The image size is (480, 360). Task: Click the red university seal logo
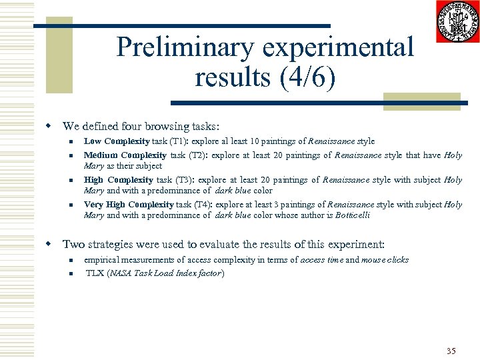(457, 21)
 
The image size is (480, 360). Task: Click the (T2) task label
(198, 156)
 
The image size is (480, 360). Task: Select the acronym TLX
(95, 273)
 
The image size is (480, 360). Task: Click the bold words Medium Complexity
(125, 156)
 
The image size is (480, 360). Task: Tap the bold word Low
(92, 141)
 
